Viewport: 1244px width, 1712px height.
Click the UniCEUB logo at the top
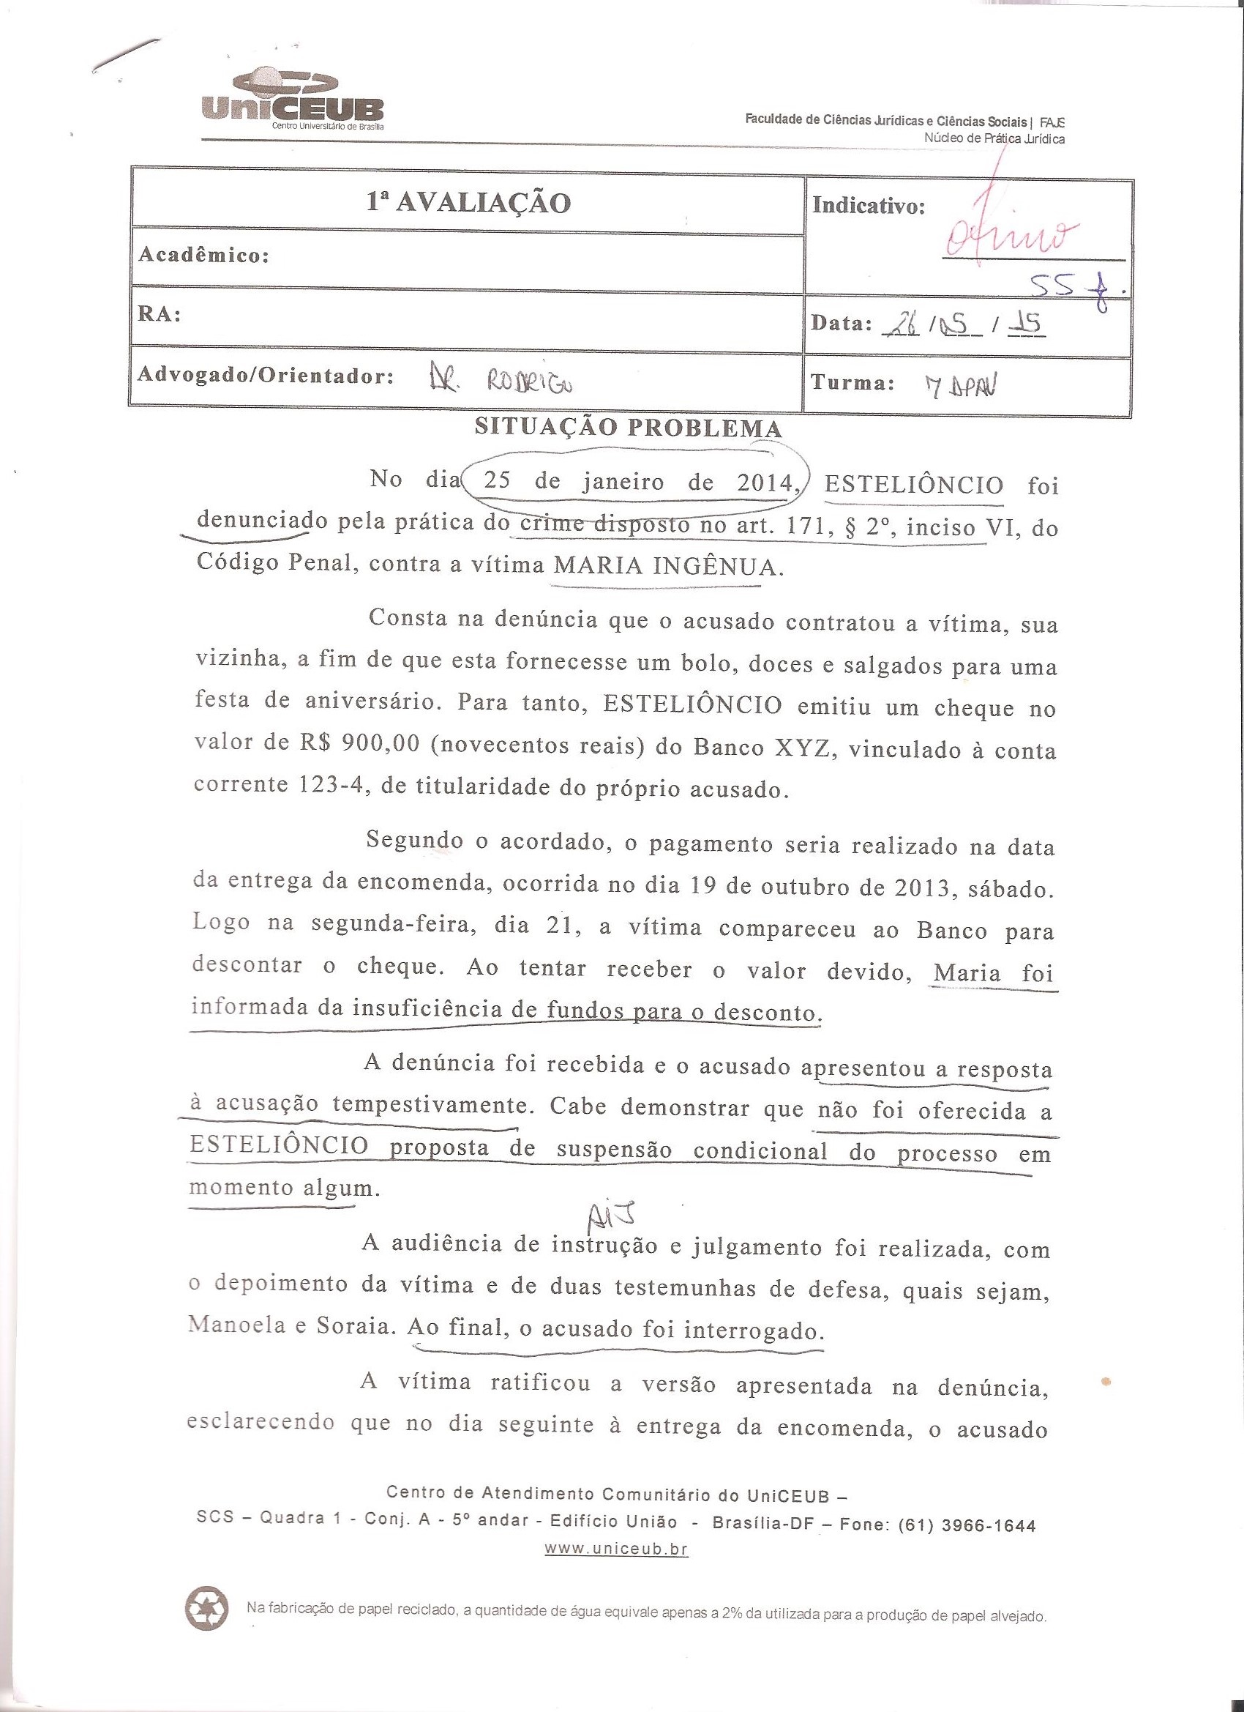(293, 102)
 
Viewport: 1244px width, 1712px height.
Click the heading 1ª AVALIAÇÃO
(468, 202)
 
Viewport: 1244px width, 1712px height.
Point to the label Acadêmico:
(203, 255)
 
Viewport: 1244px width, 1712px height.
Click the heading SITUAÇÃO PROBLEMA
(628, 428)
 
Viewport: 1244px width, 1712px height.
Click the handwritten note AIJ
(621, 1217)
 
